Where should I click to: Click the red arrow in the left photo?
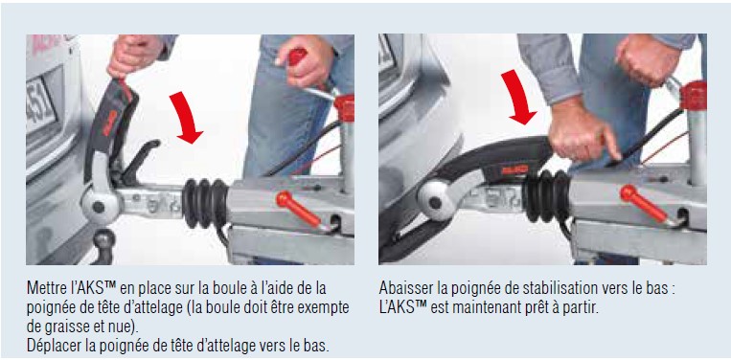[x=186, y=118]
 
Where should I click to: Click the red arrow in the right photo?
[x=520, y=98]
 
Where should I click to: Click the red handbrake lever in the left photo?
[x=298, y=208]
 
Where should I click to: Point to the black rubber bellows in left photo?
[x=205, y=203]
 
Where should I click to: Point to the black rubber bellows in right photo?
[x=547, y=195]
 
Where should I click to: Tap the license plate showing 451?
[x=40, y=104]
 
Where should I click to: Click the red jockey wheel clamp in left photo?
[x=345, y=108]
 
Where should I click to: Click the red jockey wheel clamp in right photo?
[x=694, y=96]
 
